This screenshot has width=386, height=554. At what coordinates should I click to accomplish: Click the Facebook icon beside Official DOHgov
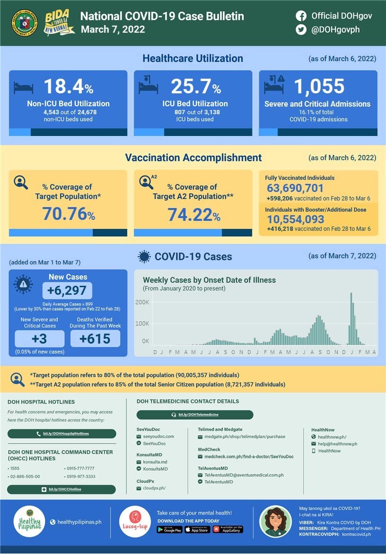pyautogui.click(x=301, y=16)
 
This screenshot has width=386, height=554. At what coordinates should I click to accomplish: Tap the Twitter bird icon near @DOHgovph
pyautogui.click(x=301, y=29)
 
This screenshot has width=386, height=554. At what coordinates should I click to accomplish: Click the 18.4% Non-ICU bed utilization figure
pyautogui.click(x=68, y=87)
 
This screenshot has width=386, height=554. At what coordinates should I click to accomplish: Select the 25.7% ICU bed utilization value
pyautogui.click(x=195, y=87)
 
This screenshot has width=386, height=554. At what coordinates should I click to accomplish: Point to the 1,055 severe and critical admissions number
pyautogui.click(x=319, y=87)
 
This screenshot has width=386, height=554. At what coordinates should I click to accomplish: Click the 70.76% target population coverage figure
pyautogui.click(x=69, y=214)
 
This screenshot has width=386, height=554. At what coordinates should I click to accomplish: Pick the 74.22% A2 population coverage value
pyautogui.click(x=193, y=214)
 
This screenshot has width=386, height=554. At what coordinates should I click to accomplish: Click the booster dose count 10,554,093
pyautogui.click(x=296, y=219)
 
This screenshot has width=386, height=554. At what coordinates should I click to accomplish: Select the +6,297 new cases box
pyautogui.click(x=67, y=291)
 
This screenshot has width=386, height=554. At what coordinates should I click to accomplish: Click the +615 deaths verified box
pyautogui.click(x=95, y=338)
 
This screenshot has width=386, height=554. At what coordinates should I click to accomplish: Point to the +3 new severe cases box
pyautogui.click(x=40, y=338)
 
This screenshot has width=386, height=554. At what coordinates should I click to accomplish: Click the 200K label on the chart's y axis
pyautogui.click(x=142, y=302)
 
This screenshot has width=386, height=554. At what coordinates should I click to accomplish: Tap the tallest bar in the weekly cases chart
pyautogui.click(x=351, y=318)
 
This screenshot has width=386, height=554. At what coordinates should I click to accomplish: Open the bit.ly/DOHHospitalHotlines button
pyautogui.click(x=62, y=434)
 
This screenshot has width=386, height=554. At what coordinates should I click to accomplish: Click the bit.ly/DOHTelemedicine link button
pyautogui.click(x=195, y=415)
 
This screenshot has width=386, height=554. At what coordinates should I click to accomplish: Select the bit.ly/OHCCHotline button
pyautogui.click(x=61, y=489)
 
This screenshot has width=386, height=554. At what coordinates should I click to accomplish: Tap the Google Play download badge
pyautogui.click(x=169, y=529)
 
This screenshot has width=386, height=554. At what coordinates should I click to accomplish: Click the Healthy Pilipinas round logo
pyautogui.click(x=29, y=521)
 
